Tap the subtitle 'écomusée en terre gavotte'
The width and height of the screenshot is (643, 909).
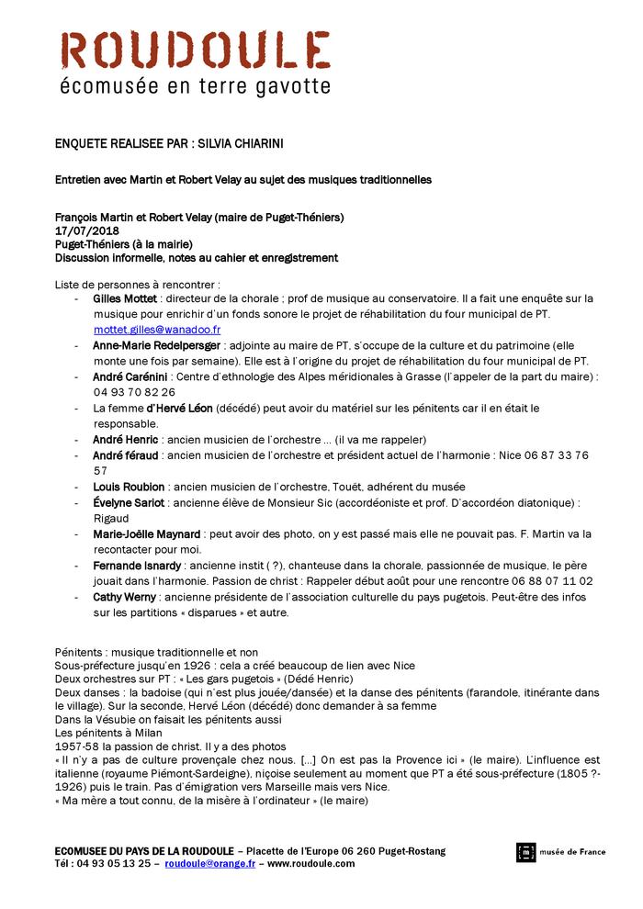point(194,87)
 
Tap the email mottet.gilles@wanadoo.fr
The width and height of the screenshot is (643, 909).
point(157,328)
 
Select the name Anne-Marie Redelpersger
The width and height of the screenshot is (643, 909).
point(157,345)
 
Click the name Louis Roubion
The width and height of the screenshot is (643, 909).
point(130,486)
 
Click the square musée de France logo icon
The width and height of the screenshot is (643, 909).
point(525,852)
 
